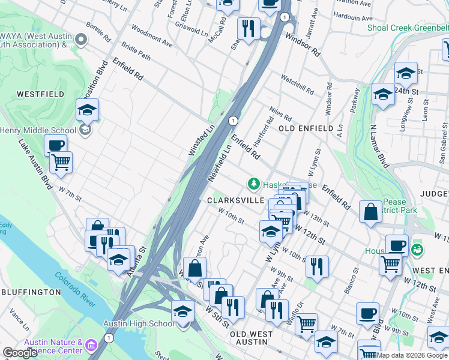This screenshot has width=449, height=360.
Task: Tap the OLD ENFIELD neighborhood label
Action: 305,129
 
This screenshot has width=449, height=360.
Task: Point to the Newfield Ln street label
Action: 219,163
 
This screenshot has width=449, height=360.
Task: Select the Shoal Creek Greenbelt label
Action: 408,28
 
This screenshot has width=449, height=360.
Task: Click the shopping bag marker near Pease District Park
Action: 371,212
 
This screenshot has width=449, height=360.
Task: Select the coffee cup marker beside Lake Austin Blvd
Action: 55,145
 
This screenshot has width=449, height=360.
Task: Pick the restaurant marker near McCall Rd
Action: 247,28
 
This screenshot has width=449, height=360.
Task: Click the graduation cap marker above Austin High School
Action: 182,311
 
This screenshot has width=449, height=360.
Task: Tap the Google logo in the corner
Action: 20,353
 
